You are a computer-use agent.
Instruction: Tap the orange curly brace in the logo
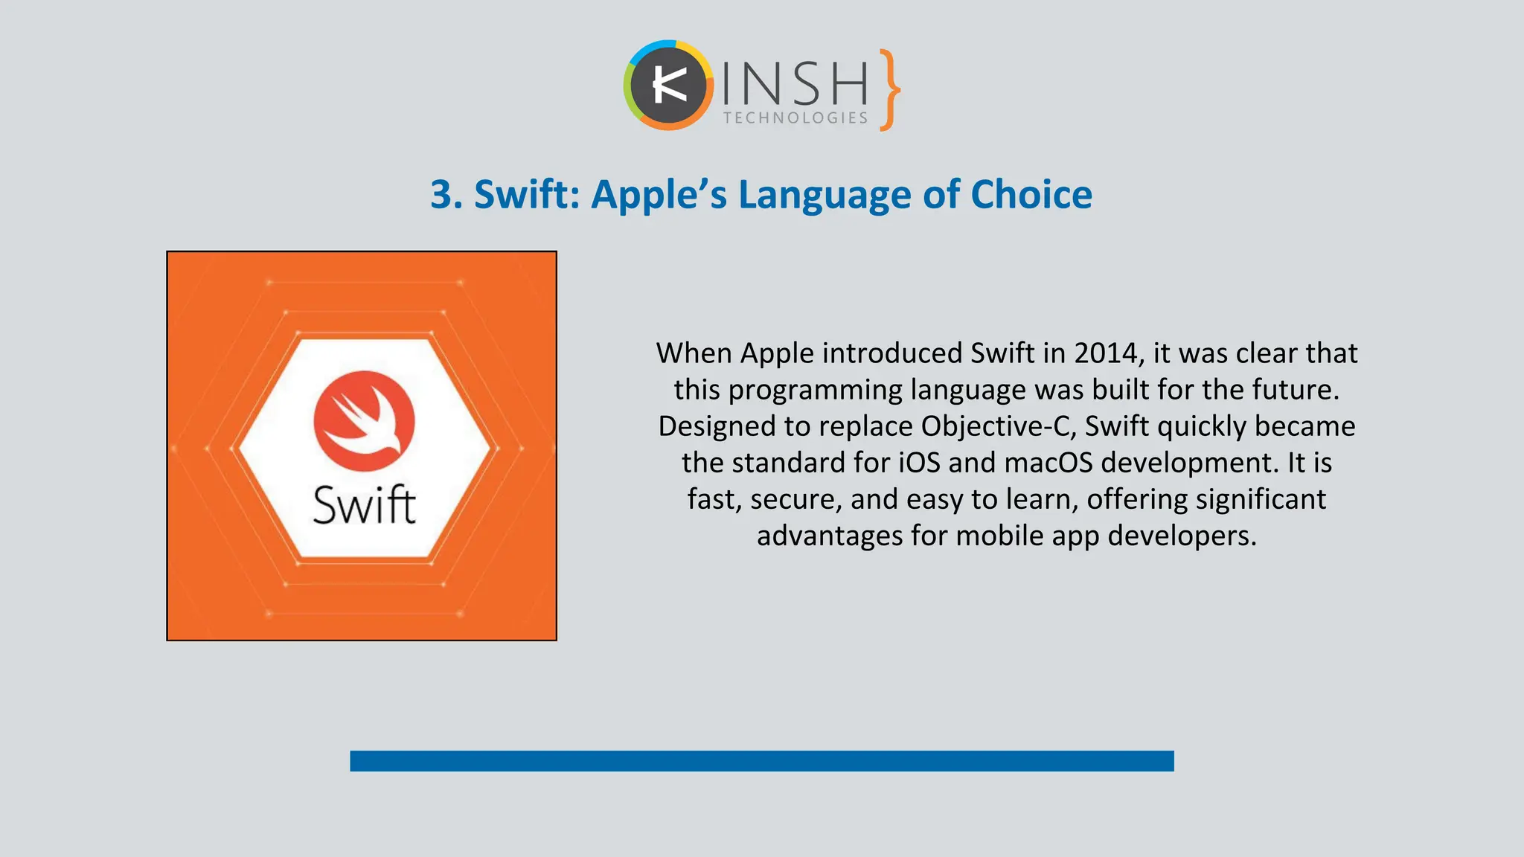coord(889,90)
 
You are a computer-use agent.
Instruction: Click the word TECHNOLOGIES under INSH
coord(795,118)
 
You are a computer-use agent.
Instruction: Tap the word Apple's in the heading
coord(659,195)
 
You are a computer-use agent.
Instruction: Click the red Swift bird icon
coord(364,421)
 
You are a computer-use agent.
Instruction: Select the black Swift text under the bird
coord(364,506)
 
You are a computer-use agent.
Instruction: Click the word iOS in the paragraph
coord(919,463)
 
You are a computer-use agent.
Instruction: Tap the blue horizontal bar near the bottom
coord(761,761)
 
